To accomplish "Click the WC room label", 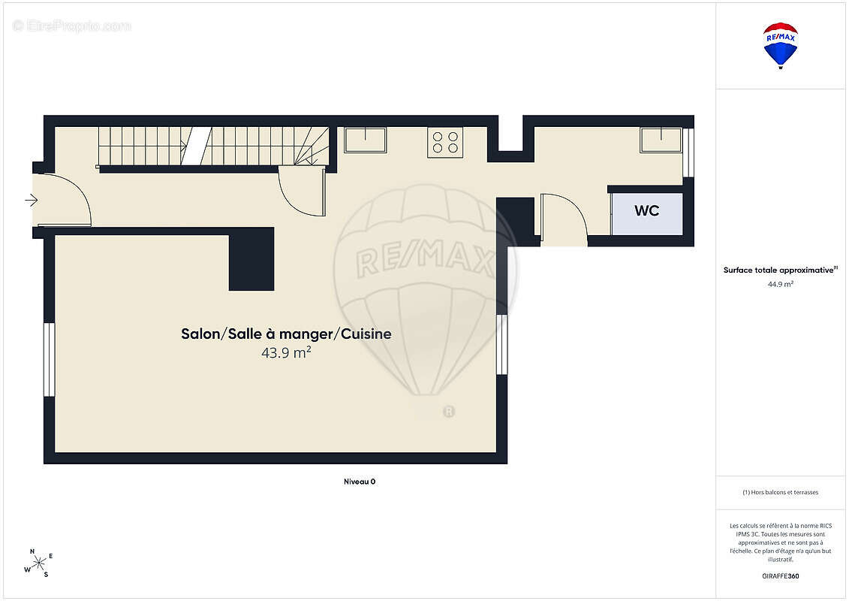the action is coord(646,211).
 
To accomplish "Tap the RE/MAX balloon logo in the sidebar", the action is coord(780,46).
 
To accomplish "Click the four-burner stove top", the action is coord(445,143).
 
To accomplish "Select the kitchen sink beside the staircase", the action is coord(366,140).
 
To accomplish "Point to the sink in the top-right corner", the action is coord(661,140).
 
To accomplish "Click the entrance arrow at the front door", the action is coord(32,201).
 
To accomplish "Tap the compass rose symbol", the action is coord(39,563).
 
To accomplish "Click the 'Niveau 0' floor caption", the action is coord(360,482).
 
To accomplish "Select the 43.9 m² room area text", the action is coord(286,353).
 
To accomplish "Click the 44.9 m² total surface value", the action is coord(780,284).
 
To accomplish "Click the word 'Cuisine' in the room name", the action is coord(366,334).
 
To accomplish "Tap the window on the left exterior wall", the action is coord(49,359).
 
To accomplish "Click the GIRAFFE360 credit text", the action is coord(780,576).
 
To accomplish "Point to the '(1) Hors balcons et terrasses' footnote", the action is coord(780,493).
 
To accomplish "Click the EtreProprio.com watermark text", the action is coord(71,26).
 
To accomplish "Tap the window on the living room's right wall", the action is coord(502,344).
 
